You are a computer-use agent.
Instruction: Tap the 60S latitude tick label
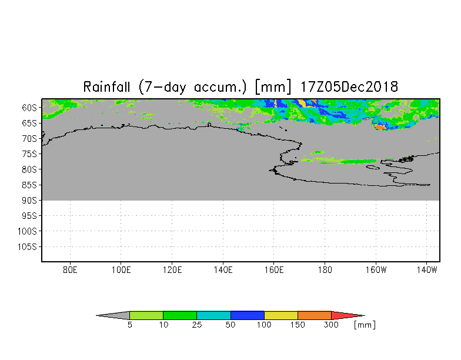pyautogui.click(x=29, y=108)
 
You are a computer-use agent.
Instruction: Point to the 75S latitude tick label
pyautogui.click(x=29, y=154)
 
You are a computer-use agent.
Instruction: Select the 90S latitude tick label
pyautogui.click(x=29, y=200)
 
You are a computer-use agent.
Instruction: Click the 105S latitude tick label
pyautogui.click(x=27, y=246)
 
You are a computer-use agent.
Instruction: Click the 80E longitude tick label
pyautogui.click(x=70, y=270)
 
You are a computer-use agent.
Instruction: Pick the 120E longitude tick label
pyautogui.click(x=172, y=270)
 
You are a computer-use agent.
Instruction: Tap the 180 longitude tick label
pyautogui.click(x=324, y=270)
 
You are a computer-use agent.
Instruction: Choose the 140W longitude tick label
pyautogui.click(x=426, y=270)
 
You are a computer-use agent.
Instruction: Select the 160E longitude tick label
pyautogui.click(x=273, y=270)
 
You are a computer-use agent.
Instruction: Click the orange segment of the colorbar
pyautogui.click(x=315, y=315)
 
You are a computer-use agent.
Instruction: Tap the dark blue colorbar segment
pyautogui.click(x=248, y=315)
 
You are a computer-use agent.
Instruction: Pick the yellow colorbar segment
pyautogui.click(x=281, y=315)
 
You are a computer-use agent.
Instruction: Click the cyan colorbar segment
pyautogui.click(x=213, y=315)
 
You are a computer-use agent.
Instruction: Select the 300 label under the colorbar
pyautogui.click(x=332, y=325)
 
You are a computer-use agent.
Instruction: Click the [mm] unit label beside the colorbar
pyautogui.click(x=364, y=325)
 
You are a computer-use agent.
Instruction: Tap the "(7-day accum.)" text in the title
pyautogui.click(x=193, y=87)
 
